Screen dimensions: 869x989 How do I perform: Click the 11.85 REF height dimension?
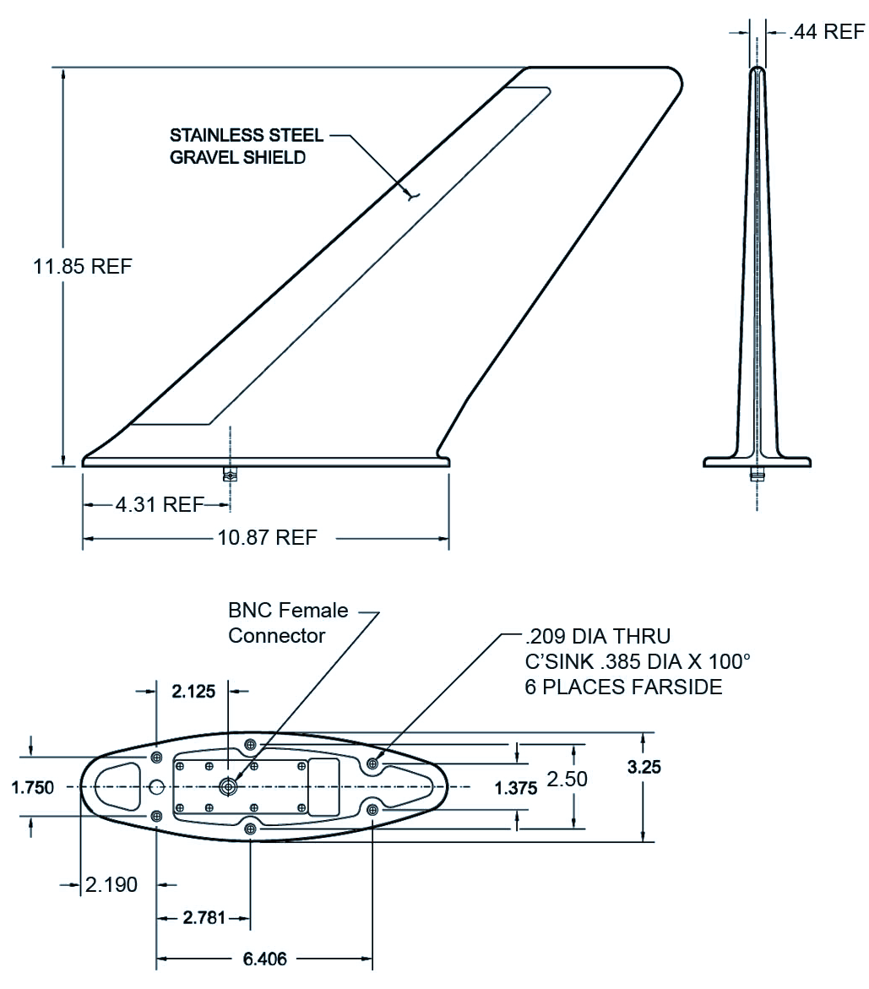83,266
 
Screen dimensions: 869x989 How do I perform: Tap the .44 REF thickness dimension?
826,31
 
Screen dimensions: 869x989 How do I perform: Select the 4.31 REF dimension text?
160,504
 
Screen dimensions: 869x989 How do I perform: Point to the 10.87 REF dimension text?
267,537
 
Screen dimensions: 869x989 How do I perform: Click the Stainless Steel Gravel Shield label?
247,146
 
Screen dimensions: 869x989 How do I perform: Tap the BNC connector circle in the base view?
228,786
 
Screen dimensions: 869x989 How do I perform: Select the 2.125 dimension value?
193,692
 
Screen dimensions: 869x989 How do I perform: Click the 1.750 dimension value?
33,787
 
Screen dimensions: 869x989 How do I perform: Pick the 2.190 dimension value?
111,885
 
